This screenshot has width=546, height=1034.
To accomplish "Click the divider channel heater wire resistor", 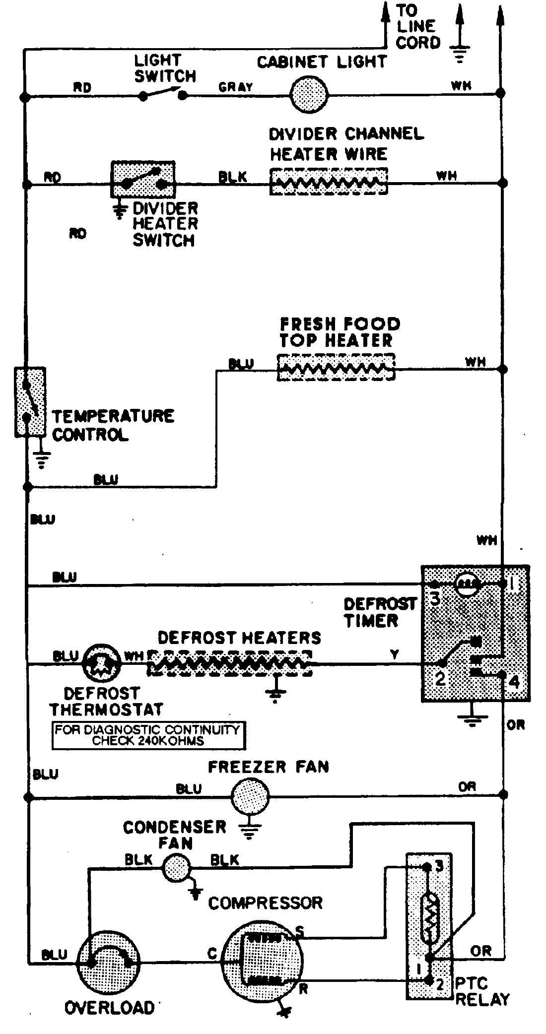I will (328, 182).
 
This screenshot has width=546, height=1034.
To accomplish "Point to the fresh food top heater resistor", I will (336, 368).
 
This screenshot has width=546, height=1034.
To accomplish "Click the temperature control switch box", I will (30, 402).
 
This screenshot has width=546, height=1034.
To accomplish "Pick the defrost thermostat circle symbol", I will (102, 662).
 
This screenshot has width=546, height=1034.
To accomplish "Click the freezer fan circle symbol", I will (250, 797).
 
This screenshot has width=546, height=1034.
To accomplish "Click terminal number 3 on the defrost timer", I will (435, 599).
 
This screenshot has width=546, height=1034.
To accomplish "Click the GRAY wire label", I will (236, 87).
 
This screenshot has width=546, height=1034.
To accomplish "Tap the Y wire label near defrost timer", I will (394, 655).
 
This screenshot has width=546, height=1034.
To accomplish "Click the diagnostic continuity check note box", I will (148, 736).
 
